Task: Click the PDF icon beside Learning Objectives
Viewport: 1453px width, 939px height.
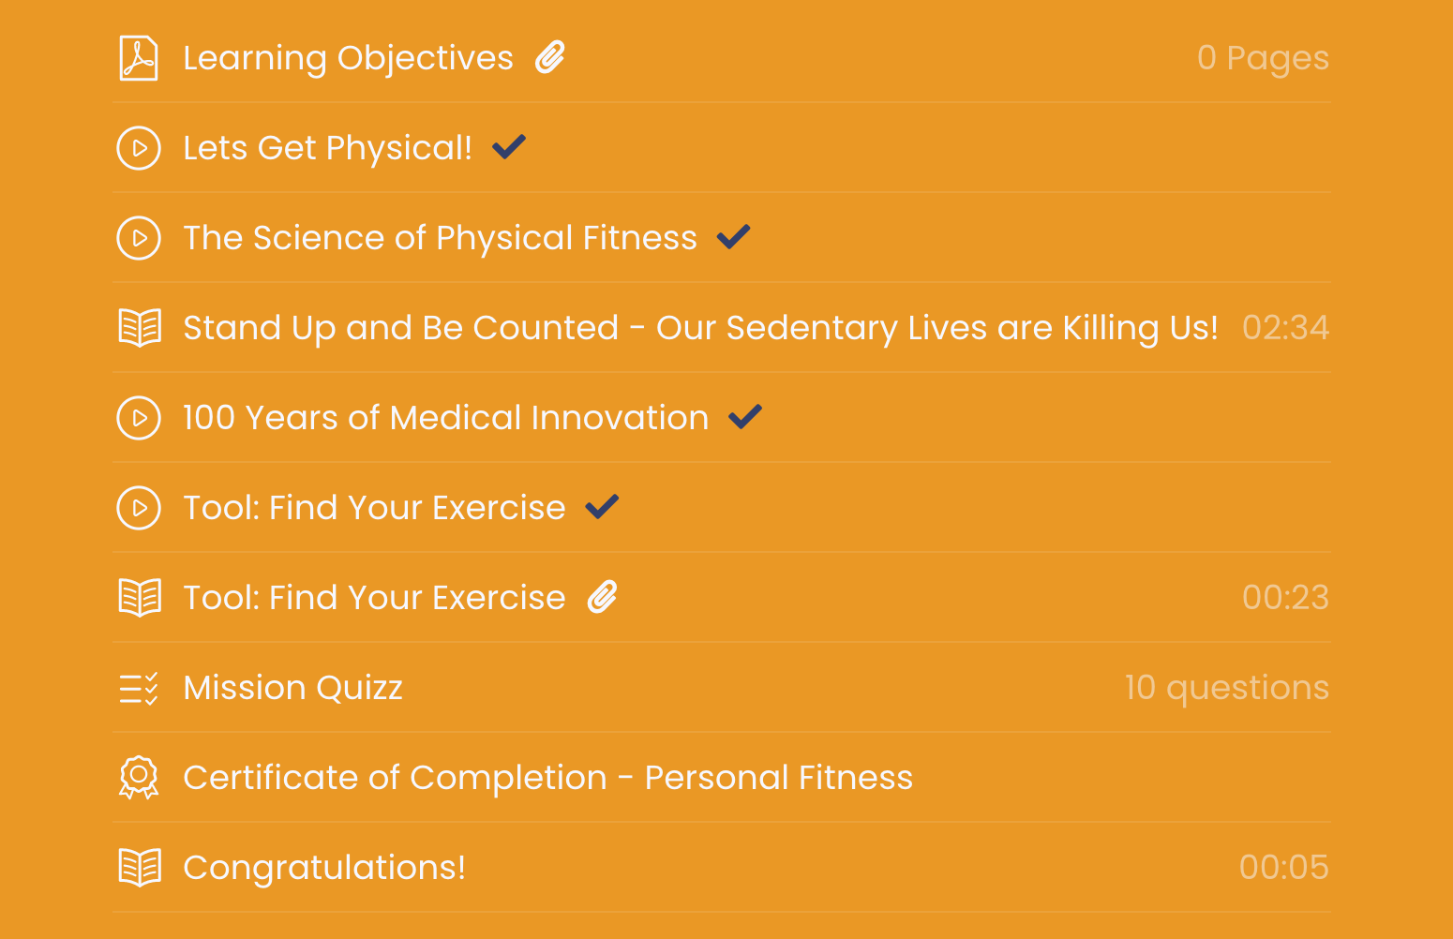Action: coord(139,58)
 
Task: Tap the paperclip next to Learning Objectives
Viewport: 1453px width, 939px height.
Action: coord(550,57)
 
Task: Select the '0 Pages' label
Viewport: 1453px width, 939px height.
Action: coord(1263,58)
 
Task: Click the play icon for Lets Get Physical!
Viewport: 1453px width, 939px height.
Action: coord(139,148)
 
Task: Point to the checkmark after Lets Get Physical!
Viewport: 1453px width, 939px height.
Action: coord(509,146)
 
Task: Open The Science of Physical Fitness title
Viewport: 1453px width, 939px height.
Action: coord(440,237)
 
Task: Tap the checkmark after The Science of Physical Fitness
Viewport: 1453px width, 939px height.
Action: coord(734,236)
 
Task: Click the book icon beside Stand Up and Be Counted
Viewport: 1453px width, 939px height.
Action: coord(140,327)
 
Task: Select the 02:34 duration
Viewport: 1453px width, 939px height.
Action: coord(1285,327)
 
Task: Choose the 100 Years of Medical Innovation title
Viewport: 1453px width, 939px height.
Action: coord(445,417)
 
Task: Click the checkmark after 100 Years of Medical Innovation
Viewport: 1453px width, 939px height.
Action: coord(745,416)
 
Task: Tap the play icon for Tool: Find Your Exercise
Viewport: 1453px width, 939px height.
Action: coord(139,508)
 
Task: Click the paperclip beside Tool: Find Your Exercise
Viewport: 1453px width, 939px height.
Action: coord(603,597)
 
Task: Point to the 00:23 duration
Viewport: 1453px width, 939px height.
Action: coord(1285,597)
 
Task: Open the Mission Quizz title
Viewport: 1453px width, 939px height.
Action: coord(293,688)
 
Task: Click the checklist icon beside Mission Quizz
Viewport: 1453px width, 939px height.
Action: coord(139,688)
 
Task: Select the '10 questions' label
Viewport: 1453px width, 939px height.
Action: coord(1227,688)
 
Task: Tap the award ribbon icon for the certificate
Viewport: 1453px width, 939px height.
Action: coord(139,777)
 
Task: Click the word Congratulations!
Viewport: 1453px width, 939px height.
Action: coord(324,868)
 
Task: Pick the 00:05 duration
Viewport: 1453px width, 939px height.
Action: coord(1284,867)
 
